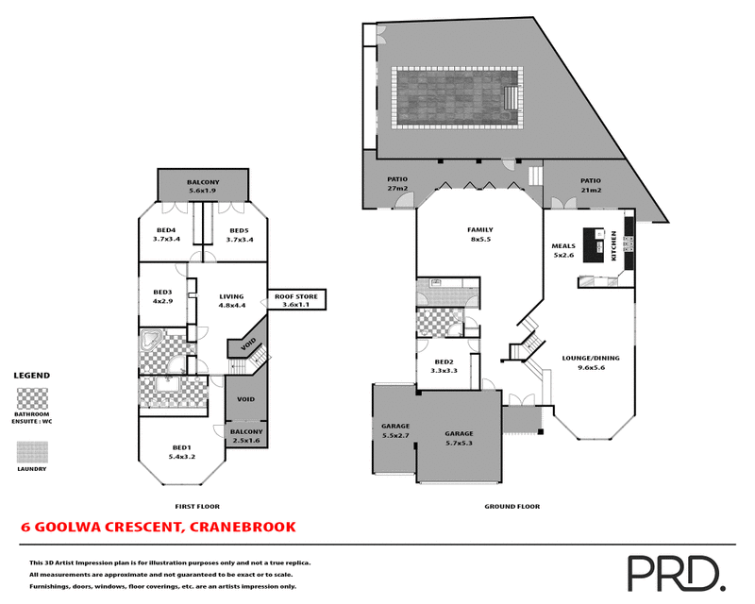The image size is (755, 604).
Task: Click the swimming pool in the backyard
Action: pyautogui.click(x=457, y=98)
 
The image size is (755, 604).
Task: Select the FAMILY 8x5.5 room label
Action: pyautogui.click(x=480, y=235)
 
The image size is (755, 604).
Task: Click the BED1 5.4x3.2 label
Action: pyautogui.click(x=181, y=451)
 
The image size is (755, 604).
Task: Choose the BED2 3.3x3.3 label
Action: pyautogui.click(x=445, y=366)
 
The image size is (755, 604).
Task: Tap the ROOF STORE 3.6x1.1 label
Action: pyautogui.click(x=295, y=301)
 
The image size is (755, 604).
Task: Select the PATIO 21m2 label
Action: pyautogui.click(x=591, y=184)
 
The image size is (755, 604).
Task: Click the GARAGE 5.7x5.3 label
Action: pyautogui.click(x=459, y=438)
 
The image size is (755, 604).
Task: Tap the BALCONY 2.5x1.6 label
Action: pyautogui.click(x=245, y=436)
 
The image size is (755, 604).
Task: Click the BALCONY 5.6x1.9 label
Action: pyautogui.click(x=203, y=187)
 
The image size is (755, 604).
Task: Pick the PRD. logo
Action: pyautogui.click(x=675, y=571)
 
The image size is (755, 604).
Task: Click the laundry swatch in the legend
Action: pyautogui.click(x=31, y=452)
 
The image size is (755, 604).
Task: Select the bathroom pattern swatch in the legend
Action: pyautogui.click(x=31, y=396)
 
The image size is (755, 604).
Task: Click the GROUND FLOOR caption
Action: pyautogui.click(x=512, y=507)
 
